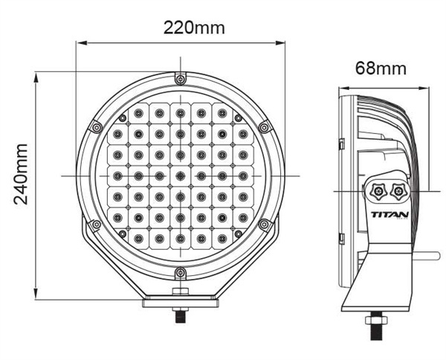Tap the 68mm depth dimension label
[x=381, y=69]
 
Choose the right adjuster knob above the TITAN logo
[x=399, y=191]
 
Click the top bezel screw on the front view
[x=179, y=78]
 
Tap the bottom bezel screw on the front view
[x=179, y=274]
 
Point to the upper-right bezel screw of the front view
[x=264, y=127]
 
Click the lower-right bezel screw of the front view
[x=264, y=225]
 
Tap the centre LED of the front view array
[x=179, y=176]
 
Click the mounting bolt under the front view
[x=179, y=312]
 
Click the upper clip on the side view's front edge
[x=341, y=143]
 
